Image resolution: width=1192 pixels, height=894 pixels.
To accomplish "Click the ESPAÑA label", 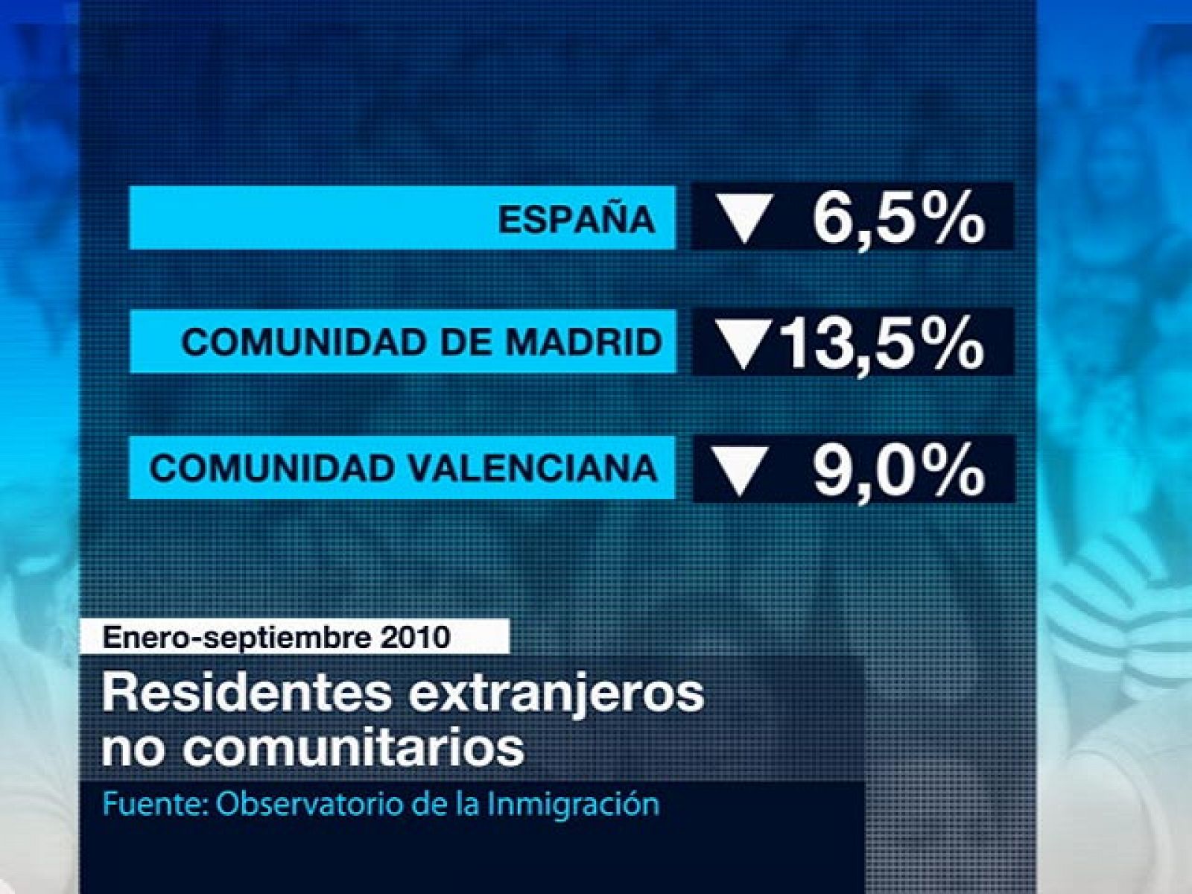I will coord(577,218).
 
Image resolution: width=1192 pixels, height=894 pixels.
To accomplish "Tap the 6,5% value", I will coord(898,218).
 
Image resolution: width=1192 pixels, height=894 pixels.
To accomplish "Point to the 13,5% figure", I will coord(884,343).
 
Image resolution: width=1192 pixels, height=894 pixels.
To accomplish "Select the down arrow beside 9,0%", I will coord(741,472).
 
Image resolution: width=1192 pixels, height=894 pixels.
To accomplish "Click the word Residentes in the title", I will coord(247,694).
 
